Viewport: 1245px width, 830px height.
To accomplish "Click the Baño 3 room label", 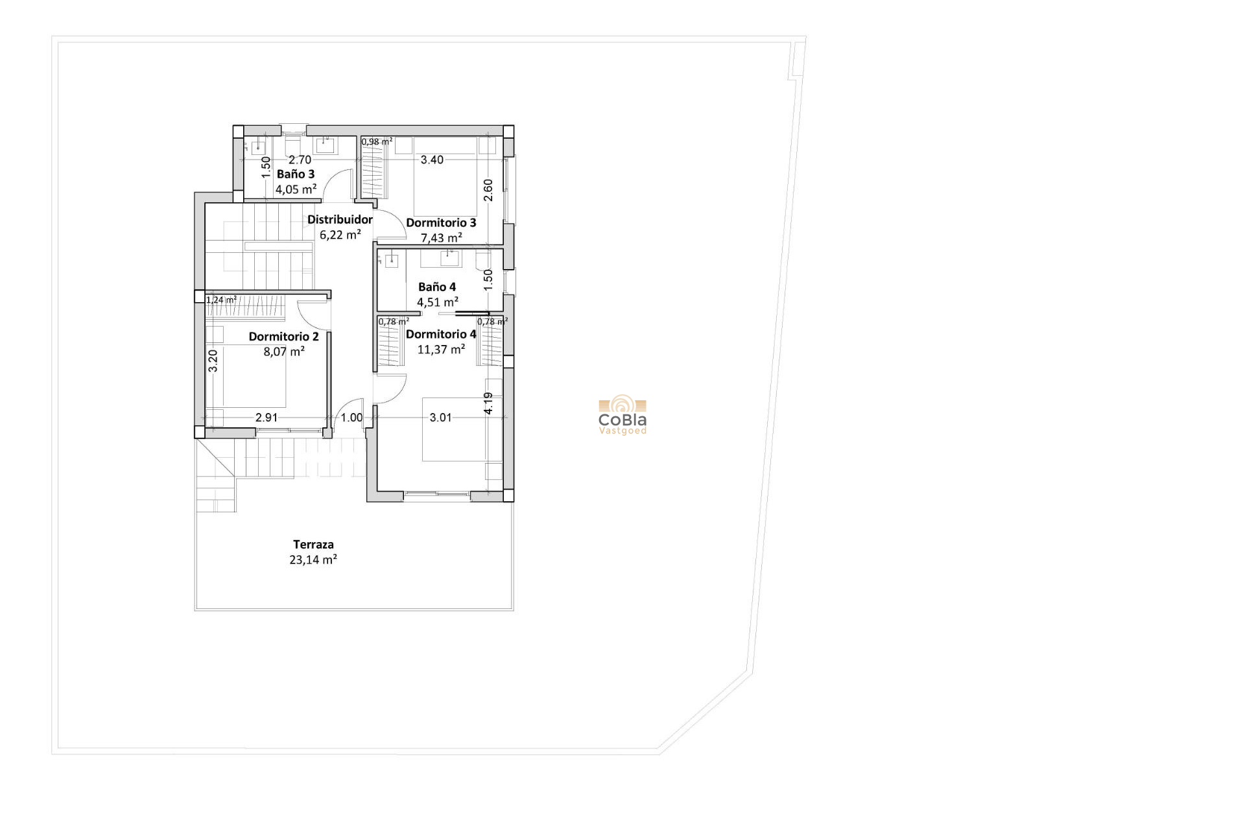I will pyautogui.click(x=296, y=174).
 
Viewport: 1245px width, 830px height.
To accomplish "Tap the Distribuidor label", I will pyautogui.click(x=340, y=220).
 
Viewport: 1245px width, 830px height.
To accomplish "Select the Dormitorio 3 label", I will pyautogui.click(x=441, y=223).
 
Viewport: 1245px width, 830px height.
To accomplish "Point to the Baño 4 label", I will pyautogui.click(x=437, y=287).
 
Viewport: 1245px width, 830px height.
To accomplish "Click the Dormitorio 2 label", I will pyautogui.click(x=283, y=337).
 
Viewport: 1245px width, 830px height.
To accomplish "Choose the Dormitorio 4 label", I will pyautogui.click(x=441, y=335).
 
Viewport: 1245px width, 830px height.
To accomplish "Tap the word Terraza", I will pyautogui.click(x=313, y=545).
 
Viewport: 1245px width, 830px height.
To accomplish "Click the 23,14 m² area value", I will pyautogui.click(x=313, y=560).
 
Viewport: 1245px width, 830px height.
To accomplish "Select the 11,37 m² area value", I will pyautogui.click(x=441, y=350).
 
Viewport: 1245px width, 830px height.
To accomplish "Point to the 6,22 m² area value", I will pyautogui.click(x=340, y=235).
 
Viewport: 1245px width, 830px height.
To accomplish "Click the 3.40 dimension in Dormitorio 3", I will pyautogui.click(x=432, y=160).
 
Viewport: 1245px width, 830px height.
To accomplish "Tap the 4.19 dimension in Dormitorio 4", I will pyautogui.click(x=489, y=403).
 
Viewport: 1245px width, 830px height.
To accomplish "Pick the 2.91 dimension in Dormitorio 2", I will pyautogui.click(x=267, y=418).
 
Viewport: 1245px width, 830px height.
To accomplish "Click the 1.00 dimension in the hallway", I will pyautogui.click(x=352, y=418).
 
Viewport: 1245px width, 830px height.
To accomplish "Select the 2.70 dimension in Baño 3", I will pyautogui.click(x=300, y=160).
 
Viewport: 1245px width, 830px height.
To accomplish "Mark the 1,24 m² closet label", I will pyautogui.click(x=221, y=300).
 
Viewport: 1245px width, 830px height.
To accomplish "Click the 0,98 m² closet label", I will pyautogui.click(x=377, y=141).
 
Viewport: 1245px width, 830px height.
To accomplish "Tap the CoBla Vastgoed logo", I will pyautogui.click(x=622, y=416).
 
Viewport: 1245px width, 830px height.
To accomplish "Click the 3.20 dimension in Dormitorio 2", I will pyautogui.click(x=213, y=361).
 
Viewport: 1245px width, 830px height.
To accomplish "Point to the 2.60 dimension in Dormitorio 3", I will pyautogui.click(x=489, y=190).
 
